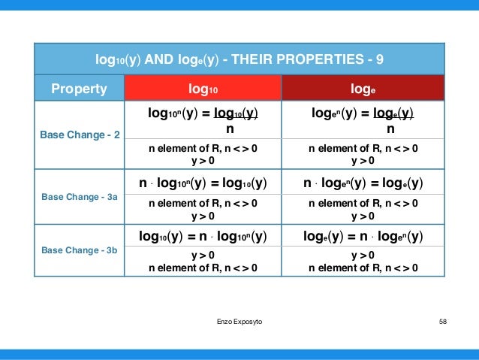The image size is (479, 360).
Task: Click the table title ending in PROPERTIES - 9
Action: pos(239,59)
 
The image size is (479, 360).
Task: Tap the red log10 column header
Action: pos(203,89)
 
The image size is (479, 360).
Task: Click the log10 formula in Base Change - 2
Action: pos(203,120)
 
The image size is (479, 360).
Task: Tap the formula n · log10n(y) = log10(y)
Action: pos(203,183)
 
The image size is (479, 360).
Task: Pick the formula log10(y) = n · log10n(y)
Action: pos(203,237)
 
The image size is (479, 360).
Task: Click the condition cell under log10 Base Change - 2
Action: pos(203,154)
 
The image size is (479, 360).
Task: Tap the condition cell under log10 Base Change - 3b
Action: pos(203,262)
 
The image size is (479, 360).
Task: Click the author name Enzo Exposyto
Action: pos(239,321)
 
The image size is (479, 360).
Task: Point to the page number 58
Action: pos(442,321)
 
